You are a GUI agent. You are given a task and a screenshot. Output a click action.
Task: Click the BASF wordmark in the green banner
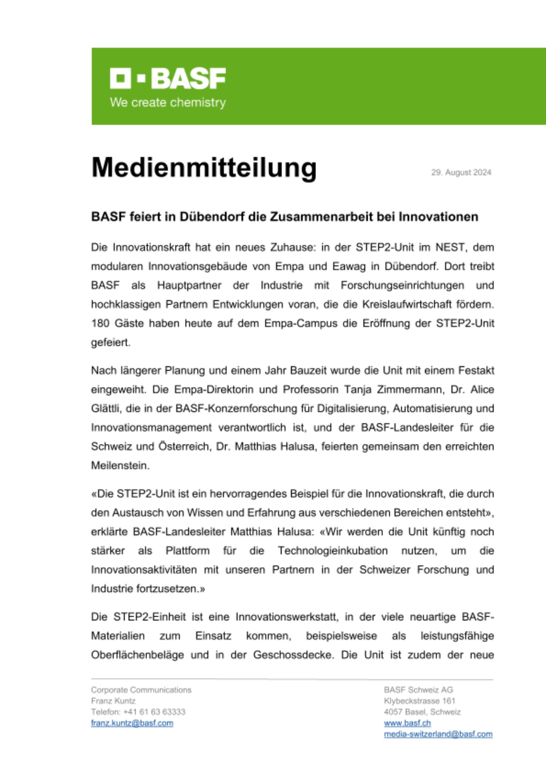(188, 78)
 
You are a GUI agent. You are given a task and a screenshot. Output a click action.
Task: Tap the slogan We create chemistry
(168, 103)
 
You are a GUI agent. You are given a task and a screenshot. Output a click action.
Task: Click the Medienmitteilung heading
(204, 168)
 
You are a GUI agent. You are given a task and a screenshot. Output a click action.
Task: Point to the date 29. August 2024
(461, 173)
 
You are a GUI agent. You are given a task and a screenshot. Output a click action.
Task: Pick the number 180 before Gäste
(100, 323)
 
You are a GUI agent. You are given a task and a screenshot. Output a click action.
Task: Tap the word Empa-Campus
(301, 323)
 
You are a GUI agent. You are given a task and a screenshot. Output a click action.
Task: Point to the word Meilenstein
(120, 466)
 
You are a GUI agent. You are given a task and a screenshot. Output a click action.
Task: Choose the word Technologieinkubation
(332, 551)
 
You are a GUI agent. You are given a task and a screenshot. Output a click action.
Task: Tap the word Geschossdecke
(293, 655)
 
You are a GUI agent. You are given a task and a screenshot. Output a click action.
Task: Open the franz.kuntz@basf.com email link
(132, 723)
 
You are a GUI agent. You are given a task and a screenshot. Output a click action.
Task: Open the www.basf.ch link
(407, 723)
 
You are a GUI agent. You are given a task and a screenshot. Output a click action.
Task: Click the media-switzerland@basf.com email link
(438, 734)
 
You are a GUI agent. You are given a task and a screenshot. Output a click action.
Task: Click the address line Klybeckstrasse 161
(419, 701)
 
